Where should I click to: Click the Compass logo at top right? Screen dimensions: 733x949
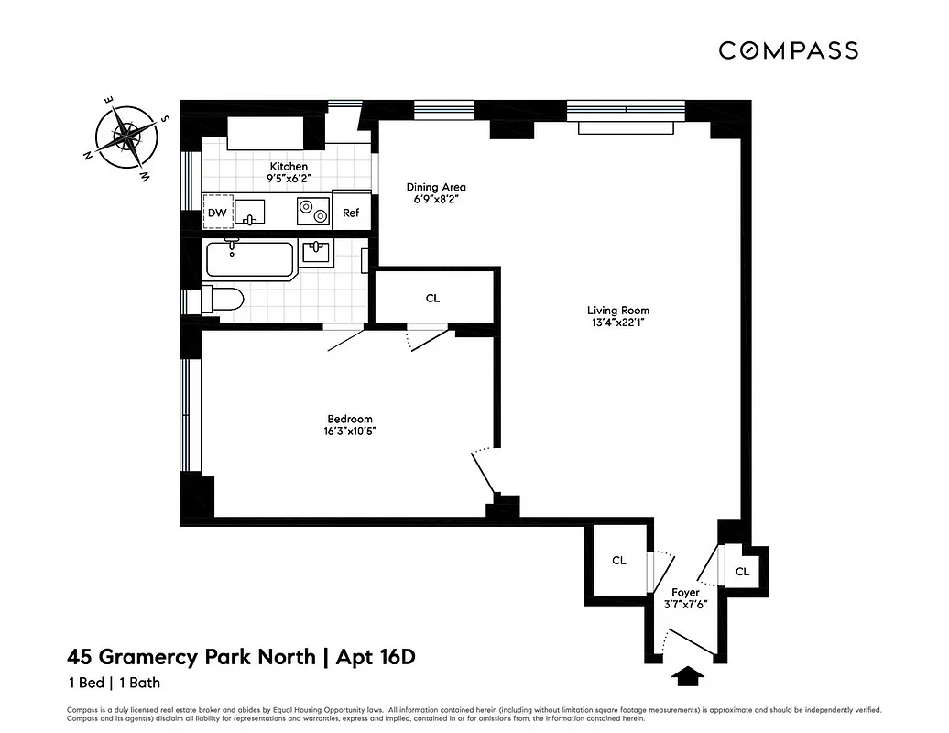click(x=788, y=50)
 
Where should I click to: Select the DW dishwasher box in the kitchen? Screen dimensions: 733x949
click(x=217, y=213)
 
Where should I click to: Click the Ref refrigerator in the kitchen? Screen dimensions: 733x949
click(x=351, y=213)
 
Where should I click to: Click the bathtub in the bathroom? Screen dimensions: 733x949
click(x=248, y=259)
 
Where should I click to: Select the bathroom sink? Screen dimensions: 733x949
click(x=316, y=251)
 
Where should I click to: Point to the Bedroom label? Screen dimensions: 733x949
click(x=350, y=419)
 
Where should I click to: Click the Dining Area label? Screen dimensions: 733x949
click(x=436, y=187)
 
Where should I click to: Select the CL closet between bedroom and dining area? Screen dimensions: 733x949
click(x=433, y=299)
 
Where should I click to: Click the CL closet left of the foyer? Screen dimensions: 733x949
click(x=619, y=561)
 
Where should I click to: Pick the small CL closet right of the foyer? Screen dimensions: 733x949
click(x=743, y=572)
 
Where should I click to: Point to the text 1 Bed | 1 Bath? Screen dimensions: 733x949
click(x=114, y=683)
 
